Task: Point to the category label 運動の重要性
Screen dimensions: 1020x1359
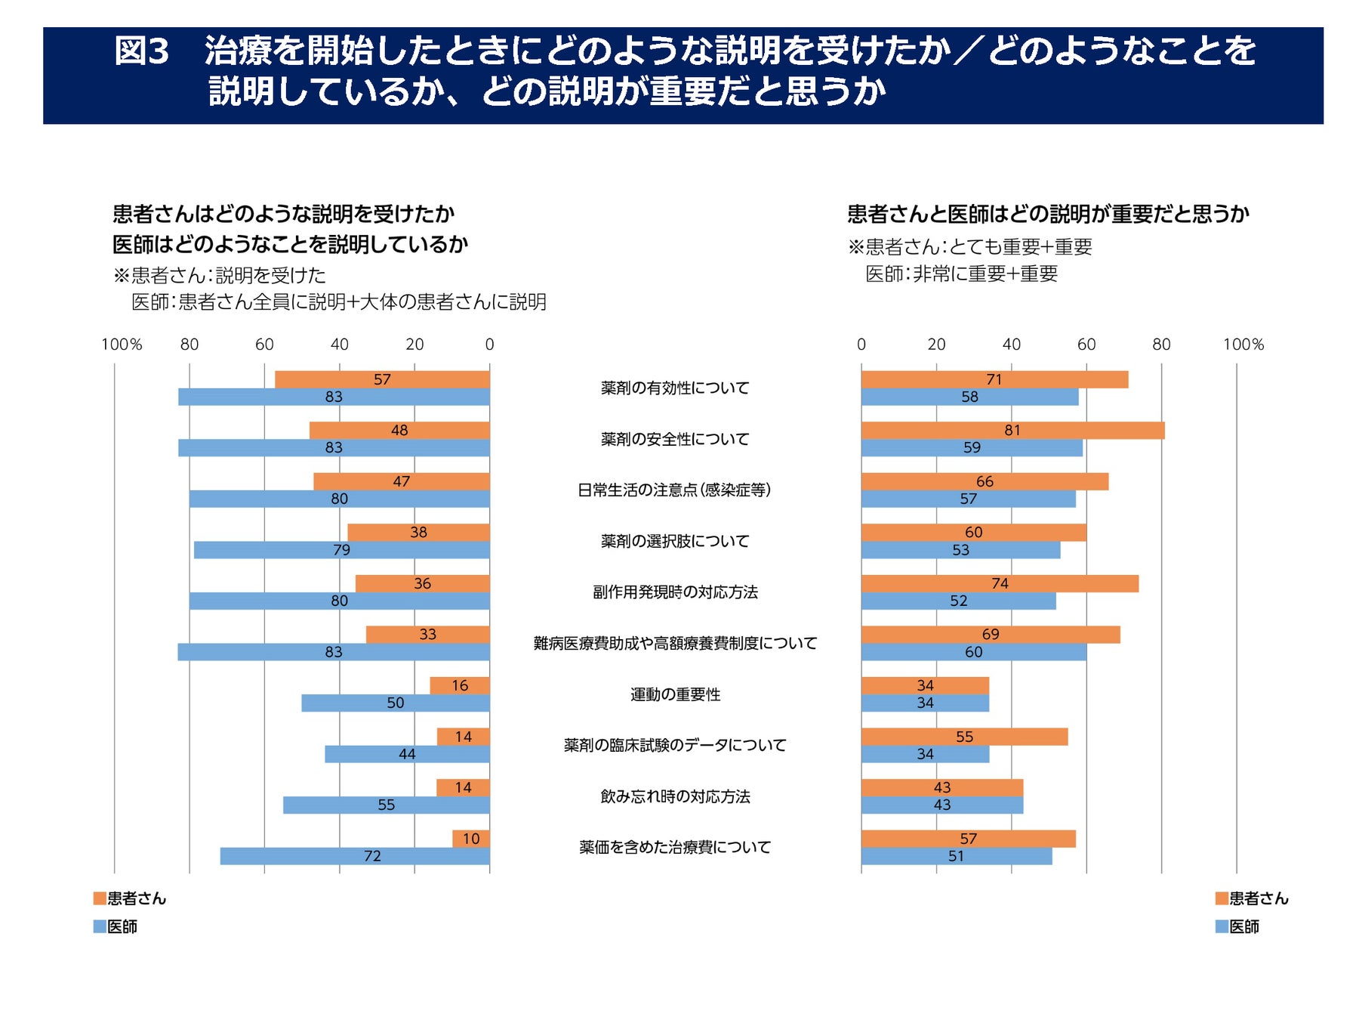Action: tap(675, 694)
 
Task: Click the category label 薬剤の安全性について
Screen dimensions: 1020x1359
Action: tap(675, 439)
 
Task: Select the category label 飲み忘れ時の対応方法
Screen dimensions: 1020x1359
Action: tap(675, 796)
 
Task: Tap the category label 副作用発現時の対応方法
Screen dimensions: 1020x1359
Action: tap(675, 592)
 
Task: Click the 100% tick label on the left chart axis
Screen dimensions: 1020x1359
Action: tap(122, 345)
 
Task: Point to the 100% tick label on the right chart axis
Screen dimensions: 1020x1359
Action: tap(1243, 345)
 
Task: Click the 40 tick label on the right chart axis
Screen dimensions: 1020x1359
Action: tap(1011, 345)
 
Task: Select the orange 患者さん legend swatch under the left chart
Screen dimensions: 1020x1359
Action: tap(100, 898)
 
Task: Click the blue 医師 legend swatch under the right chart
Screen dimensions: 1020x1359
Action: tap(1222, 926)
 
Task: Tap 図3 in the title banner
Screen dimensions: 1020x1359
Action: tap(141, 51)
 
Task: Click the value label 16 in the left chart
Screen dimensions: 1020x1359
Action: tap(460, 685)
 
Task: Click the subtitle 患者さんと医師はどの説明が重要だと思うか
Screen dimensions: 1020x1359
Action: tap(1048, 215)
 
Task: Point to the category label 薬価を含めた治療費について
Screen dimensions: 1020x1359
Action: tap(675, 848)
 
